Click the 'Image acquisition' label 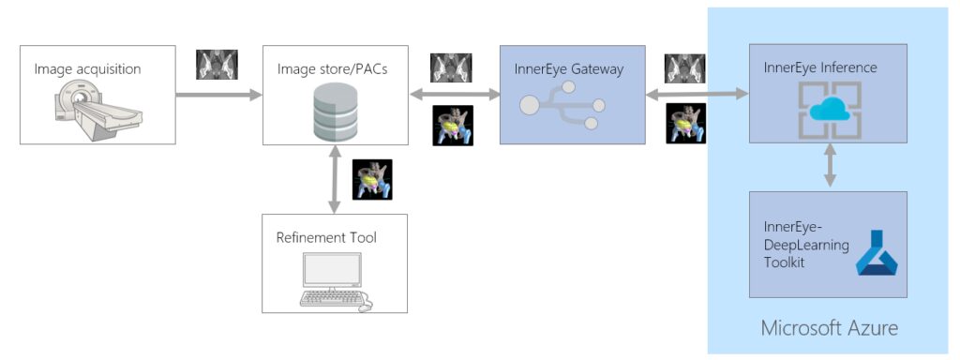tap(87, 68)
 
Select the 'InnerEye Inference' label tap(820, 67)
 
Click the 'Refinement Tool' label tap(326, 237)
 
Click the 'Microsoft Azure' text tap(829, 328)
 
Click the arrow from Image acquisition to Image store tap(219, 94)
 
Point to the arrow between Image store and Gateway tap(455, 94)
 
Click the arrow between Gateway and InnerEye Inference tap(697, 94)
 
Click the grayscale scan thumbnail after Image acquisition tap(217, 65)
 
